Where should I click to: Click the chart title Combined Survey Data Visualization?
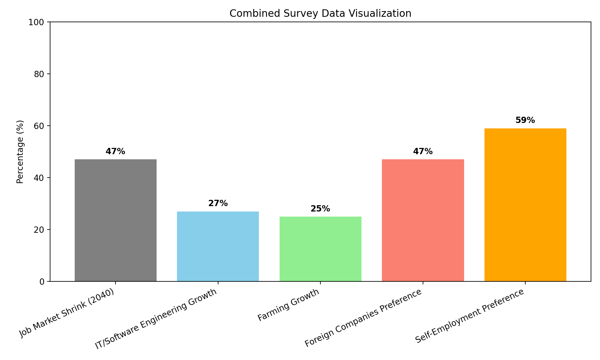[320, 13]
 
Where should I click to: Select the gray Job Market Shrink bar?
[115, 220]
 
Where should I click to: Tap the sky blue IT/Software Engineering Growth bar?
[218, 246]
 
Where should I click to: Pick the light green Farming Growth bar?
[320, 249]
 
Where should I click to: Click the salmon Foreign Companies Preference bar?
[423, 220]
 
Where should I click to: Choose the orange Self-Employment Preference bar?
[525, 205]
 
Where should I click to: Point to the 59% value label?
[525, 120]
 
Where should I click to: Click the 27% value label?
[218, 203]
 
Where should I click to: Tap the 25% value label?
[320, 209]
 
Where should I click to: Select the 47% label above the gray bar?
[115, 151]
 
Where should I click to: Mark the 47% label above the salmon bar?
[423, 151]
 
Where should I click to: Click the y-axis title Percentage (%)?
[20, 151]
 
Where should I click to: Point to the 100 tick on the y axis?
[39, 22]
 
